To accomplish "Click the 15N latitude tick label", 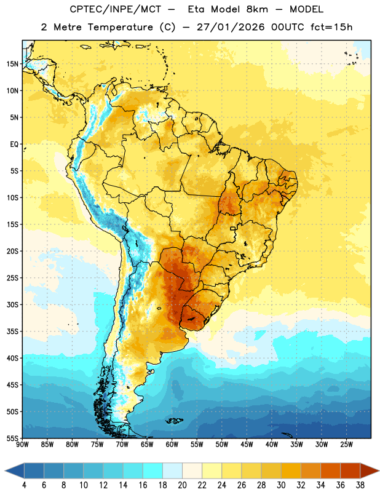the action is point(12,64).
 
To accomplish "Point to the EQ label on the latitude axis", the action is point(14,145).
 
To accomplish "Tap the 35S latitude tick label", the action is point(12,331).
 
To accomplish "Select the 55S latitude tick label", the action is point(12,438).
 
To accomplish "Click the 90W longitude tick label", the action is point(22,445).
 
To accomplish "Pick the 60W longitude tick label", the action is point(172,445).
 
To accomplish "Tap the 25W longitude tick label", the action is point(346,445).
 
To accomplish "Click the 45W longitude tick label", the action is point(247,445).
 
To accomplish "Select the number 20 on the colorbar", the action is point(182,485).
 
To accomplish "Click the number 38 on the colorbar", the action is point(360,485).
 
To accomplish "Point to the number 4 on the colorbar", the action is point(24,485).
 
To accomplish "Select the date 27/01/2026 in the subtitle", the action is point(231,27).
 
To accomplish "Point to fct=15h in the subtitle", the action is point(331,27).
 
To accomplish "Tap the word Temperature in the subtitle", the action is point(120,27).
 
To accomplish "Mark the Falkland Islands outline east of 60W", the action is point(174,421).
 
